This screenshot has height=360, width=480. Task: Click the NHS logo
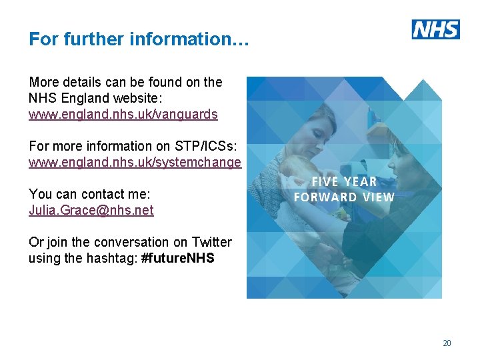click(x=436, y=29)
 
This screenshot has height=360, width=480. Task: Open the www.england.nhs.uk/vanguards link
click(x=123, y=114)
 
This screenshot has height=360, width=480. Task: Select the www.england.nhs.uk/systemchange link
click(x=135, y=162)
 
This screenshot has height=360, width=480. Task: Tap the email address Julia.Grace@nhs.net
click(x=91, y=210)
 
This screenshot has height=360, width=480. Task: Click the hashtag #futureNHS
click(x=178, y=258)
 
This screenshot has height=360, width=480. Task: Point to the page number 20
click(x=447, y=343)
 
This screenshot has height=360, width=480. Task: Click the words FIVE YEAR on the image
click(x=345, y=181)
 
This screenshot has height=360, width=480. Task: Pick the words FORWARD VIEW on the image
click(x=344, y=197)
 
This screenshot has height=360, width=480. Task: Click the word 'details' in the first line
click(x=85, y=82)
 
